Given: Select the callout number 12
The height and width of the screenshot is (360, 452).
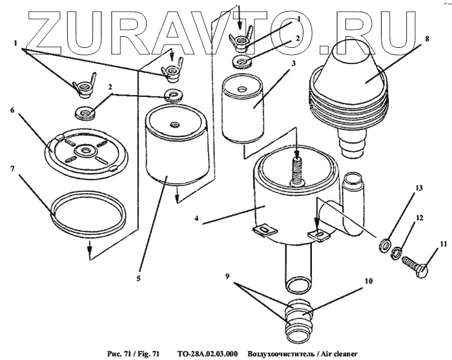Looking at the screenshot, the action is click(419, 218).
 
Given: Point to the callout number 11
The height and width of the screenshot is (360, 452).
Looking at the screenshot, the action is click(443, 244).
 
